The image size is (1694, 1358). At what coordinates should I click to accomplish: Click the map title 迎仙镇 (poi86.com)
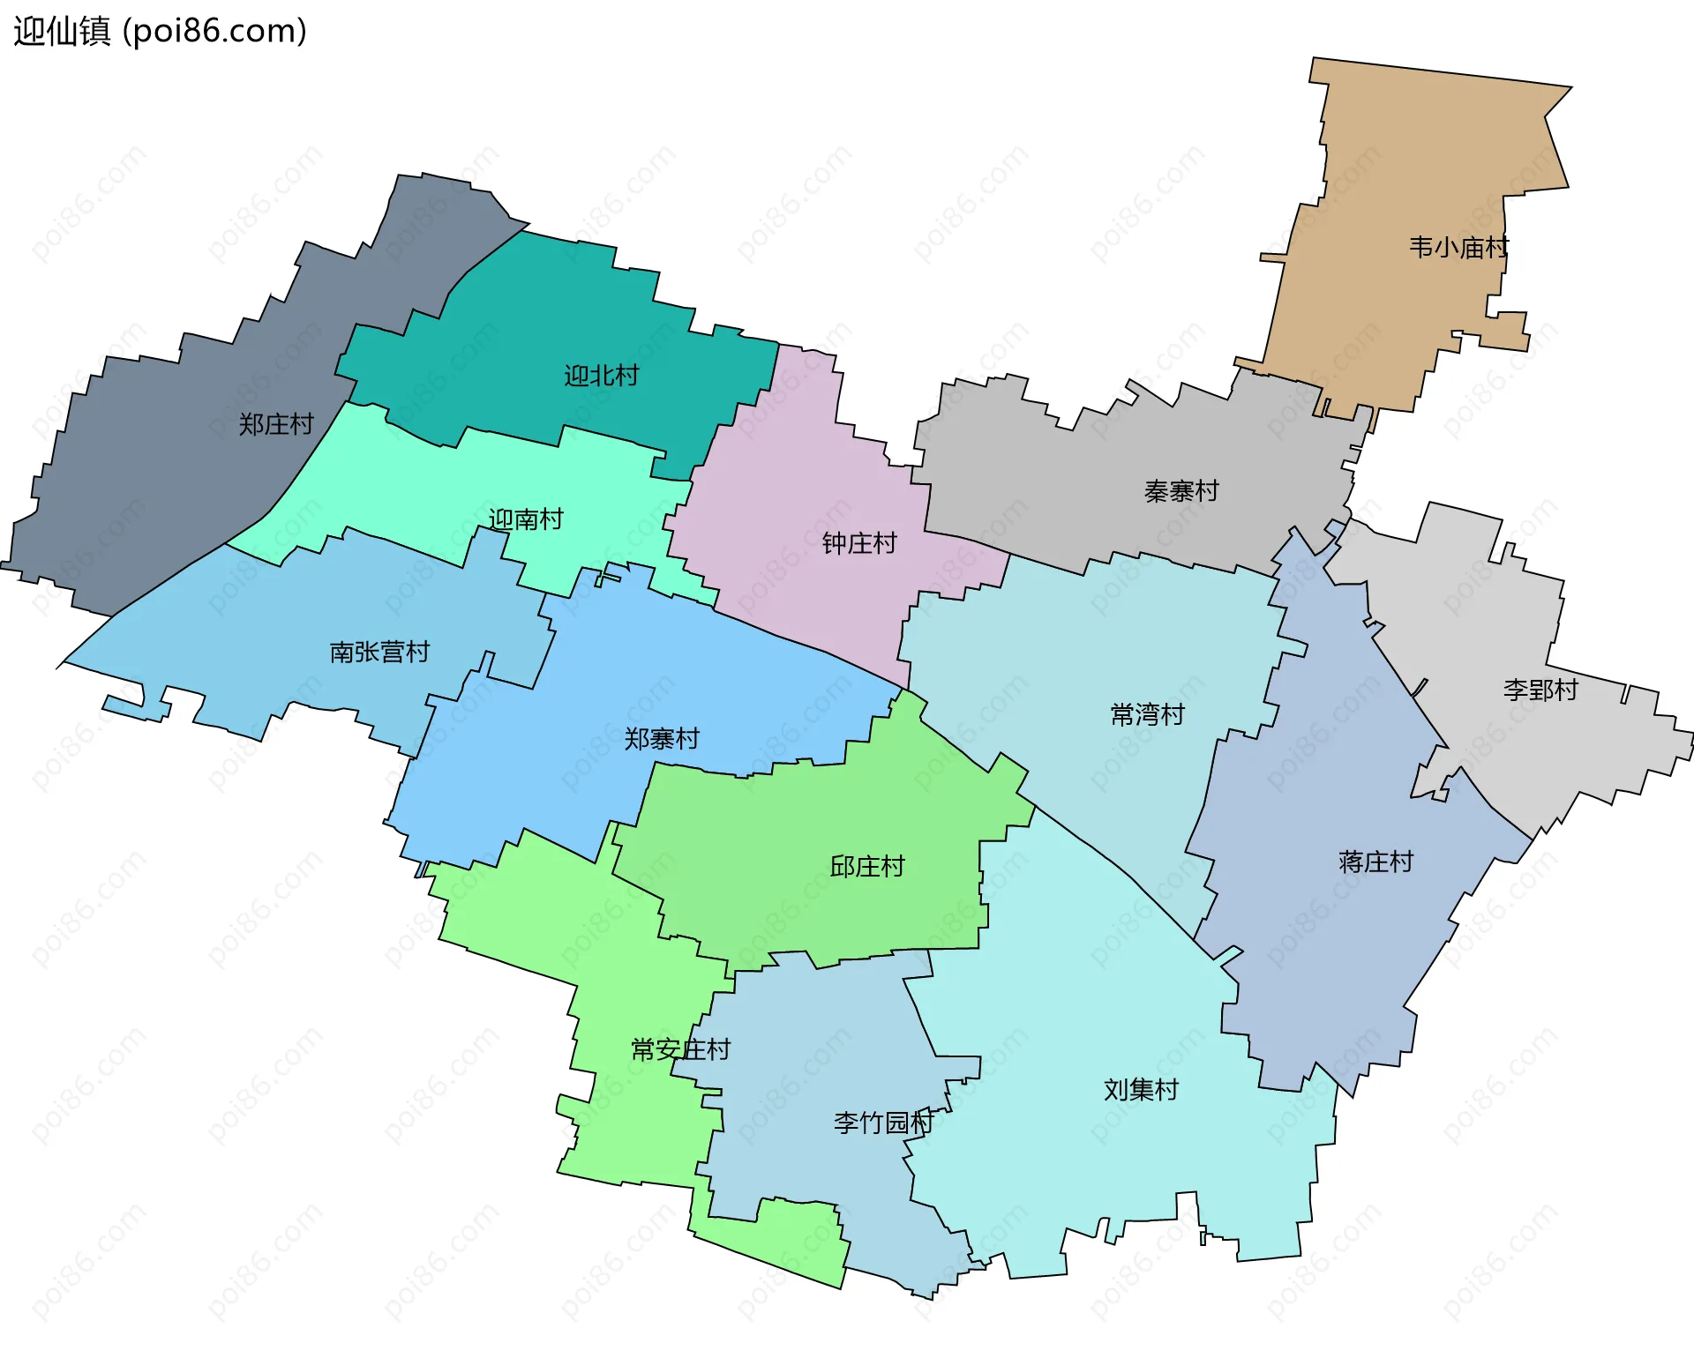(x=160, y=31)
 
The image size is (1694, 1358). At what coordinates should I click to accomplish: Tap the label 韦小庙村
(x=1458, y=248)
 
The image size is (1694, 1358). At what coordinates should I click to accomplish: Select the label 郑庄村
(x=276, y=425)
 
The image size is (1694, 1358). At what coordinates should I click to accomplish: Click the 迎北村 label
(x=601, y=377)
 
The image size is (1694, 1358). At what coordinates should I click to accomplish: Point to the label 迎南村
(x=526, y=519)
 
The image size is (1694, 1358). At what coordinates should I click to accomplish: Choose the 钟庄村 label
(x=858, y=543)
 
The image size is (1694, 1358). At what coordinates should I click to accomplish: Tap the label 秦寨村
(x=1181, y=491)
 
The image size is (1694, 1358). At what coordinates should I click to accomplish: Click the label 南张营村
(x=379, y=653)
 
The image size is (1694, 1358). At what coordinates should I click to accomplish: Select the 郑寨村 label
(x=662, y=739)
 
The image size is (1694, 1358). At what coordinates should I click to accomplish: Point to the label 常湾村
(x=1147, y=715)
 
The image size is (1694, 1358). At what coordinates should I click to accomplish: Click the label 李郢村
(x=1540, y=690)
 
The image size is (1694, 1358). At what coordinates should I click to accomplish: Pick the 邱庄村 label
(x=867, y=867)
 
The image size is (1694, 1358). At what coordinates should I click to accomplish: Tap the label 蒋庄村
(x=1375, y=862)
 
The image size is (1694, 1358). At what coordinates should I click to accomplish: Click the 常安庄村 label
(x=680, y=1049)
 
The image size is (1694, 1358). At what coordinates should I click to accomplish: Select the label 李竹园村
(x=882, y=1123)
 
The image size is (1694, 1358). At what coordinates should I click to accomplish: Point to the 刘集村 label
(x=1141, y=1091)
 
